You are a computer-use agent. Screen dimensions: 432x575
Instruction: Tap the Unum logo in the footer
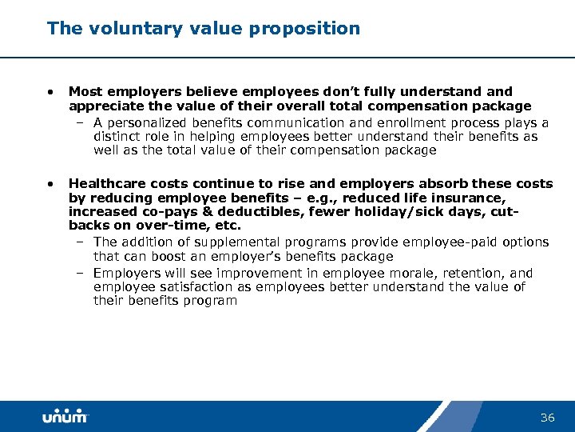pyautogui.click(x=65, y=417)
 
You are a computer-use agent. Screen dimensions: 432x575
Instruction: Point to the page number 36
pyautogui.click(x=547, y=418)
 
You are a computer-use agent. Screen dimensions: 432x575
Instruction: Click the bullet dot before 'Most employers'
pyautogui.click(x=51, y=92)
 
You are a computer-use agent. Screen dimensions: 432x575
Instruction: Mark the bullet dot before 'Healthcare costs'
pyautogui.click(x=51, y=184)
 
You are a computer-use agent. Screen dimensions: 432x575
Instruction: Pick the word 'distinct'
pyautogui.click(x=118, y=136)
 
